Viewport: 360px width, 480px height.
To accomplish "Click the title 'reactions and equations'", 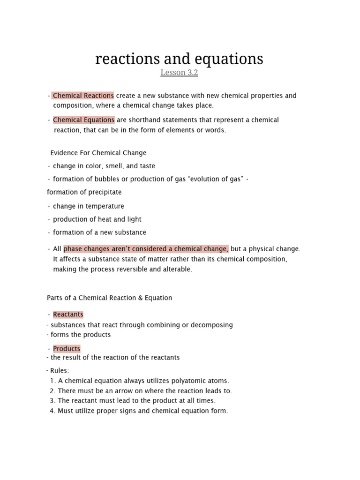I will pos(179,59).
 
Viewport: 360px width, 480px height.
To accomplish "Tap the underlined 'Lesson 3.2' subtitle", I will pos(180,73).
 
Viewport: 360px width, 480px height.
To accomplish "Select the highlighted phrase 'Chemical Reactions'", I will pos(83,96).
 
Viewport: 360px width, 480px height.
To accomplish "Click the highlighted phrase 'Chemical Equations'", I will pos(83,120).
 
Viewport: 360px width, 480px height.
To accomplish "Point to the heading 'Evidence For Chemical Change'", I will pos(98,153).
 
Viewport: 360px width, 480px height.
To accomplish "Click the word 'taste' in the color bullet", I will pos(146,166).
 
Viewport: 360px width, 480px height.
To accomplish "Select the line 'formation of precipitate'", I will pos(84,192).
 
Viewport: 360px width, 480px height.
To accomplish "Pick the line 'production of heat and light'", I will pos(97,219).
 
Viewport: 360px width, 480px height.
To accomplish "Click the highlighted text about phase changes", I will pos(146,249).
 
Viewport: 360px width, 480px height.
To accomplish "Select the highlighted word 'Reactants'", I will pos(68,315).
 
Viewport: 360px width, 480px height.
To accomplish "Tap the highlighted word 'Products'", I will pos(67,349).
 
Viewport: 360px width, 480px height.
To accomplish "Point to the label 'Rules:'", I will pos(59,371).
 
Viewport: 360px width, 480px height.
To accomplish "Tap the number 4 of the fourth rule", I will pos(52,411).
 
